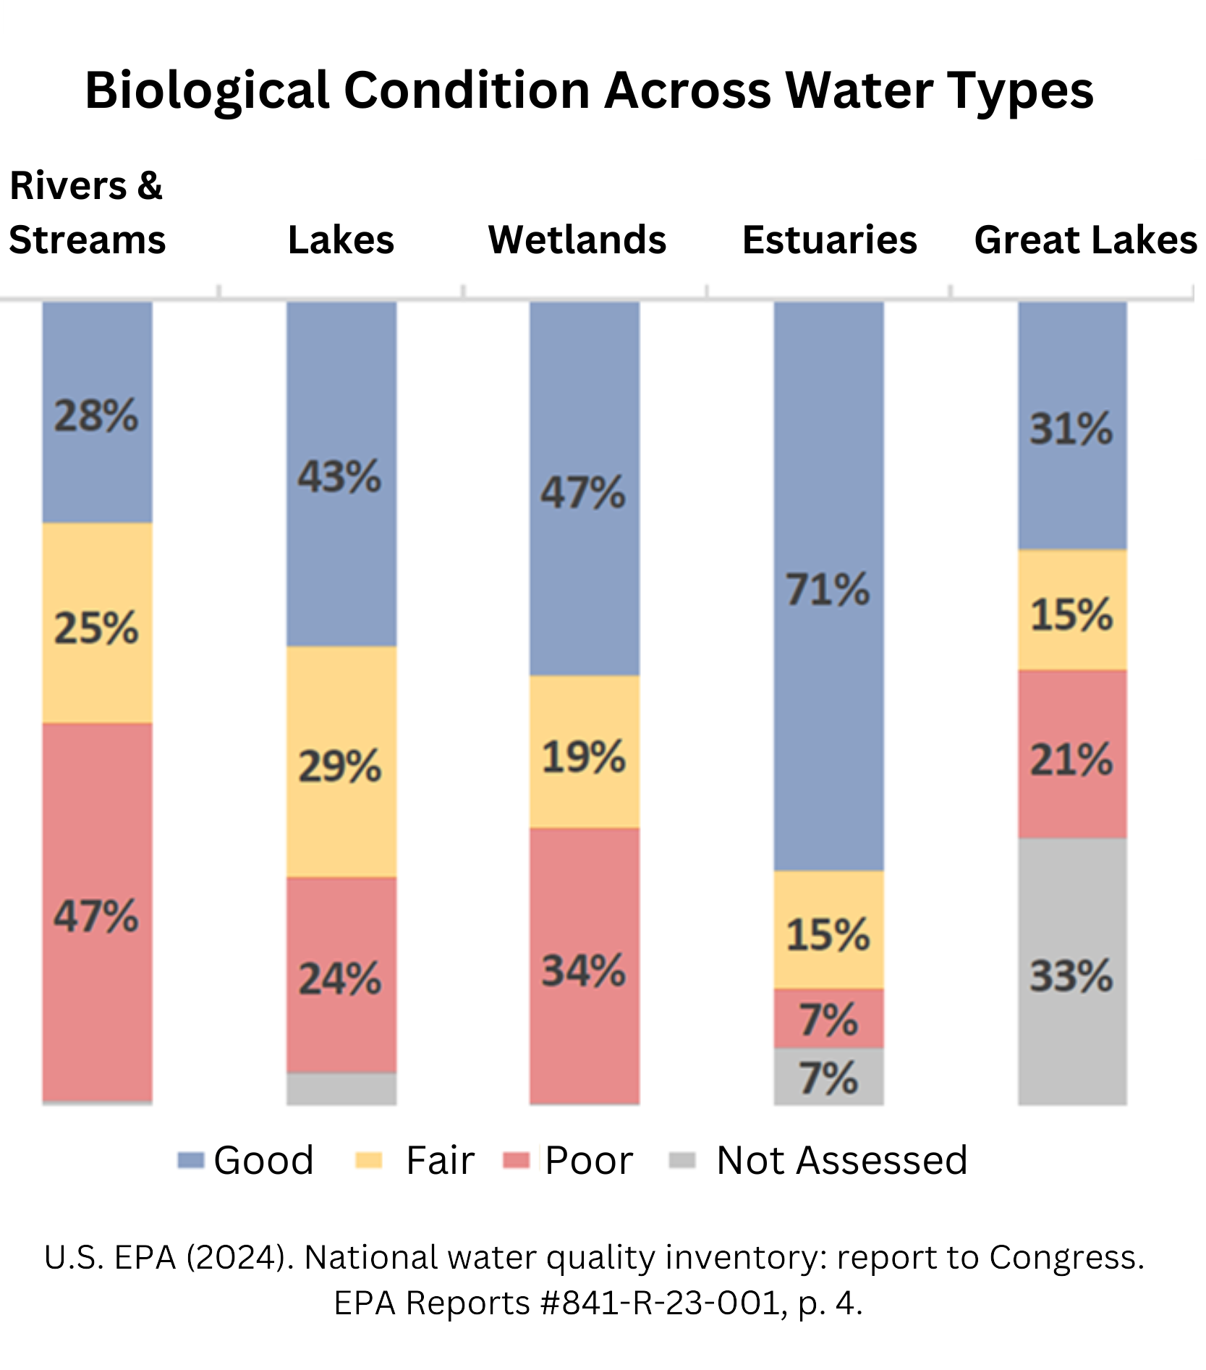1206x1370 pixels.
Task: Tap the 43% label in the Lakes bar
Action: click(339, 477)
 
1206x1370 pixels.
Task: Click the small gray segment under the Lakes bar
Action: click(341, 1088)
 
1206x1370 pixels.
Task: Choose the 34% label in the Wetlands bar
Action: click(584, 971)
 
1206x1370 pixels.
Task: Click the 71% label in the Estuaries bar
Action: click(828, 589)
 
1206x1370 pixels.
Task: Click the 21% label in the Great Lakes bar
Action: click(1071, 760)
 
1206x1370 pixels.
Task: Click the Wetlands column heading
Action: click(577, 240)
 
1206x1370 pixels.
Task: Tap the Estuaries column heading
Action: click(829, 240)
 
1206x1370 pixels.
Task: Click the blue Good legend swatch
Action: click(191, 1160)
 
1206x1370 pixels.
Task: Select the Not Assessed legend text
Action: click(841, 1160)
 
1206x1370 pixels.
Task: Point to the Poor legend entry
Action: click(588, 1160)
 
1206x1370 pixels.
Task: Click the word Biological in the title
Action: click(208, 90)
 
